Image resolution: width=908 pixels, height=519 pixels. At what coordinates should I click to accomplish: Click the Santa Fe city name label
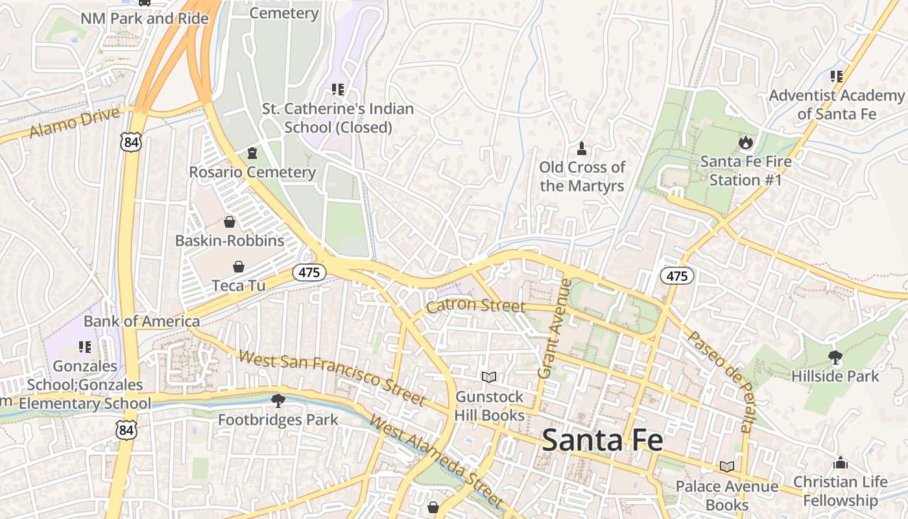coord(603,440)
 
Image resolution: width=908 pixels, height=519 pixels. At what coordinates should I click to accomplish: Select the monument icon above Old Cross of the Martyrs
coord(582,149)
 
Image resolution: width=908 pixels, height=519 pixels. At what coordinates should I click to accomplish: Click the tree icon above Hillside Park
coord(835,357)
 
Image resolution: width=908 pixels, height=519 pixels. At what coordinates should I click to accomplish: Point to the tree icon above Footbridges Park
coord(278,400)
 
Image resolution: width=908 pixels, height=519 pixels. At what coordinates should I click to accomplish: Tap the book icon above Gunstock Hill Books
coord(489,377)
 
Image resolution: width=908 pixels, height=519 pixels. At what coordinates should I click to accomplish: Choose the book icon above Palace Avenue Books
coord(726,466)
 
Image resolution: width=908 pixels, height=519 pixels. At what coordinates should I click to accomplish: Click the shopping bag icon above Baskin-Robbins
coord(230,222)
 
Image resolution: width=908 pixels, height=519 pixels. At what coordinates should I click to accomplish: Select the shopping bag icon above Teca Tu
coord(239,267)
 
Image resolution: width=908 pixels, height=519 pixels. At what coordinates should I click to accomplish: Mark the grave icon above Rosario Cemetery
coord(252,153)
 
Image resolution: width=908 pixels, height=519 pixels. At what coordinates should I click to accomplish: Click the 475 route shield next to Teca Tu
coord(309,272)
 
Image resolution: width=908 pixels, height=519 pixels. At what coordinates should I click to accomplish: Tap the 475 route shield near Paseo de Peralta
coord(677,276)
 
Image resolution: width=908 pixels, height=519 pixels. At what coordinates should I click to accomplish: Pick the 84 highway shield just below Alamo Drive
coord(130,143)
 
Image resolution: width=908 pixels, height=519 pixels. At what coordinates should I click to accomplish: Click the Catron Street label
coord(475,305)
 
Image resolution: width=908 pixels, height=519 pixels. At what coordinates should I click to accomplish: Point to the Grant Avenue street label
coord(553,328)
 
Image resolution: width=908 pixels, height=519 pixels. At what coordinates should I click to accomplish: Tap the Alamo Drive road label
coord(75,123)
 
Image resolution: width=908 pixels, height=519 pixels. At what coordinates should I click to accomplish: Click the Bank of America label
coord(141,321)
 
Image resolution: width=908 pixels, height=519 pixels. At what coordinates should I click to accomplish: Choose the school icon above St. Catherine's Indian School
coord(337,89)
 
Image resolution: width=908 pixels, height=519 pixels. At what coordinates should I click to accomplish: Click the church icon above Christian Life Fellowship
coord(841,463)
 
